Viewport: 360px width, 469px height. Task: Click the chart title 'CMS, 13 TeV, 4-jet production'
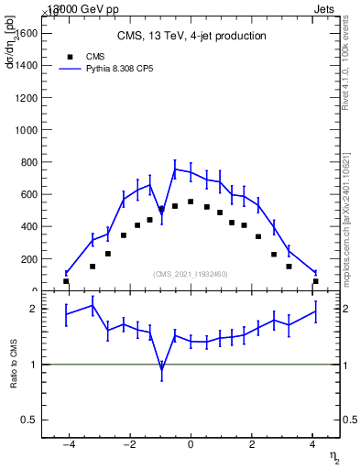[191, 37]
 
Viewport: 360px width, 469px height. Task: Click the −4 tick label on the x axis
[68, 445]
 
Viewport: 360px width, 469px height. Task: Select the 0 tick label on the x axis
[191, 445]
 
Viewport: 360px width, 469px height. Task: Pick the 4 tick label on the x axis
[312, 445]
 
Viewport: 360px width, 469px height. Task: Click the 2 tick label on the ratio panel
[34, 310]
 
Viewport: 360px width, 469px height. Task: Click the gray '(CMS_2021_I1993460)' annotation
[191, 274]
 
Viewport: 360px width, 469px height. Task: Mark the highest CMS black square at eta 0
[191, 202]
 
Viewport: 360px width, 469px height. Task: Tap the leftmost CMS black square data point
[66, 281]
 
